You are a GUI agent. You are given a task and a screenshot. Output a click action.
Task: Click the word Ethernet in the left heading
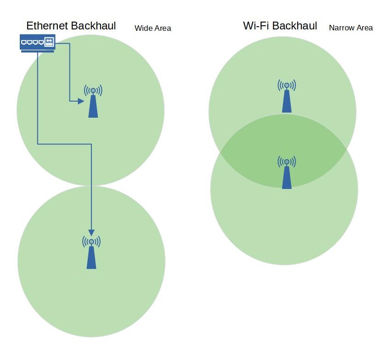coord(46,26)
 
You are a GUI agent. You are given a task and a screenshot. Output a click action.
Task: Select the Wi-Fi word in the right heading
coord(255,26)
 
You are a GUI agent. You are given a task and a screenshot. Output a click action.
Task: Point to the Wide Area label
coord(153,29)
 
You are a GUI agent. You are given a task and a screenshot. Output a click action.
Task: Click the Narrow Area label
coord(351,28)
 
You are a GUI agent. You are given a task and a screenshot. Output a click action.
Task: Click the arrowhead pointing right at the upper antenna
coord(81,101)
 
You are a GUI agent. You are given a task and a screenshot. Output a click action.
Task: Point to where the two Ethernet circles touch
coord(91,186)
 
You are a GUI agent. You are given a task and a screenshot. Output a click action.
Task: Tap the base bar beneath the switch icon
coord(38,51)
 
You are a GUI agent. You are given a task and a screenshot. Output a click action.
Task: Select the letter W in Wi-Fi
coord(248,26)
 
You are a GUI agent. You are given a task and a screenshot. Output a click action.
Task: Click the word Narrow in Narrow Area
coord(341,28)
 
